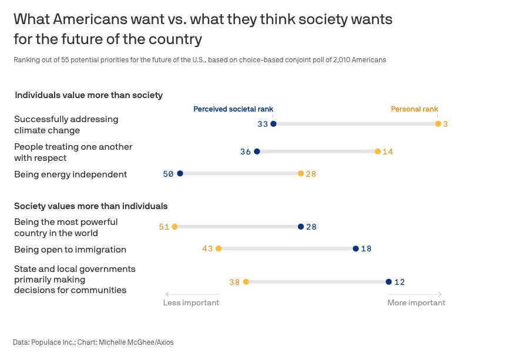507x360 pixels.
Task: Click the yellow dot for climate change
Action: click(x=438, y=124)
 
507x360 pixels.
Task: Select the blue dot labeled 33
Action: click(x=273, y=124)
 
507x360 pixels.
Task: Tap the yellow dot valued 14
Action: click(x=378, y=152)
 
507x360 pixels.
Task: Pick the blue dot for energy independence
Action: click(x=180, y=174)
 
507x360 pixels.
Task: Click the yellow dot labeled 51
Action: click(x=174, y=227)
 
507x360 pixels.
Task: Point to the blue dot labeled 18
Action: click(x=355, y=249)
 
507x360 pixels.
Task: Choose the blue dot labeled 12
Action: click(x=388, y=282)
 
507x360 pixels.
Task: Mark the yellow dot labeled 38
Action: click(x=246, y=282)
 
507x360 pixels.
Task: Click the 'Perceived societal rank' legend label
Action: click(x=233, y=109)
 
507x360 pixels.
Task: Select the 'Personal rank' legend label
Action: click(x=415, y=109)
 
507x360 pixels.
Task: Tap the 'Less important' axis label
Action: click(x=191, y=303)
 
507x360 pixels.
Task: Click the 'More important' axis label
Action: click(x=416, y=303)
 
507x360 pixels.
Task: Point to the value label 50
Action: click(x=168, y=174)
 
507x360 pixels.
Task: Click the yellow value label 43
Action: click(x=207, y=249)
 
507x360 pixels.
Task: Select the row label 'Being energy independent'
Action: click(x=70, y=174)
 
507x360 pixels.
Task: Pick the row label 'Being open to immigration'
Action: click(x=70, y=250)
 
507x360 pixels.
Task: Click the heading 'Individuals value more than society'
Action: click(x=89, y=95)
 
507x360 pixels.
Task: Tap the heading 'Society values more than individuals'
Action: click(x=91, y=206)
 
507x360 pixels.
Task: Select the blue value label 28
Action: click(x=311, y=227)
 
